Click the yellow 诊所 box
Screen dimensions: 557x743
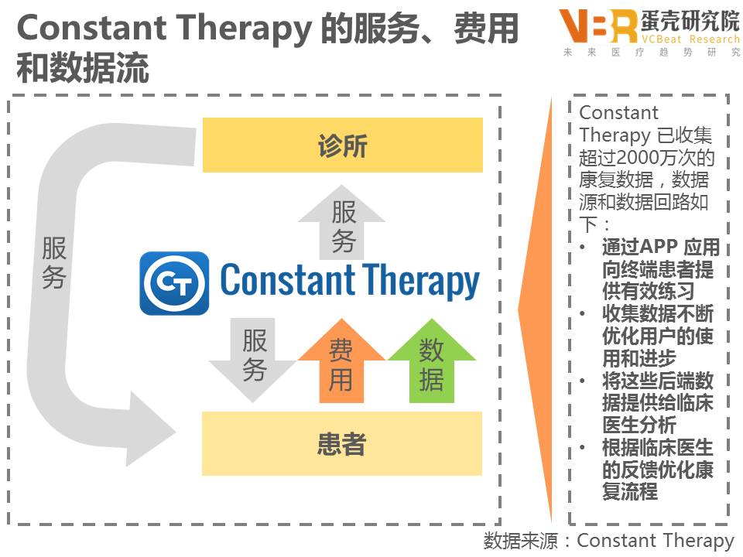pos(342,145)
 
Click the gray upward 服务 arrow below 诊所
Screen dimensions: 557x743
pos(342,224)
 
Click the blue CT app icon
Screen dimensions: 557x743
pos(174,283)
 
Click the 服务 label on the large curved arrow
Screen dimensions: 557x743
pos(54,263)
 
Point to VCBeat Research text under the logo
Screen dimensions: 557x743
pos(679,39)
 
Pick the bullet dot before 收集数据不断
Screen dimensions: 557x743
pos(584,314)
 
